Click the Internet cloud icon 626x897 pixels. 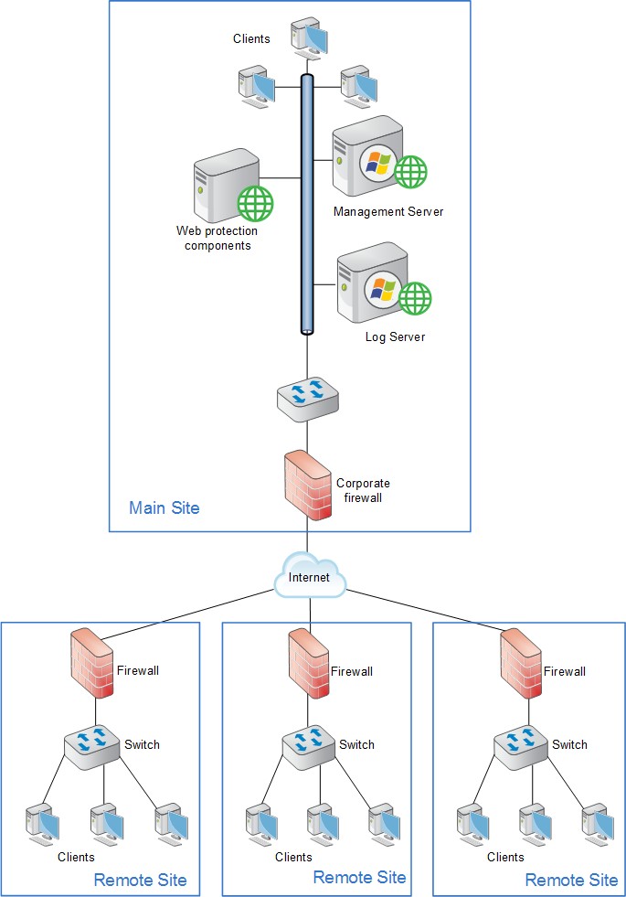tap(309, 577)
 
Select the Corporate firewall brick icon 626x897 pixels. tap(307, 485)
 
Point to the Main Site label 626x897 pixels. tap(164, 507)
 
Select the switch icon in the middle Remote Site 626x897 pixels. tap(307, 745)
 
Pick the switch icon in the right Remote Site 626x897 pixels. tap(520, 745)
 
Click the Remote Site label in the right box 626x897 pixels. tap(571, 881)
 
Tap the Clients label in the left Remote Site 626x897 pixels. tap(76, 857)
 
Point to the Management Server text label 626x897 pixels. tap(388, 212)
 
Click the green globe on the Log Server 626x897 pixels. tap(417, 297)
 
